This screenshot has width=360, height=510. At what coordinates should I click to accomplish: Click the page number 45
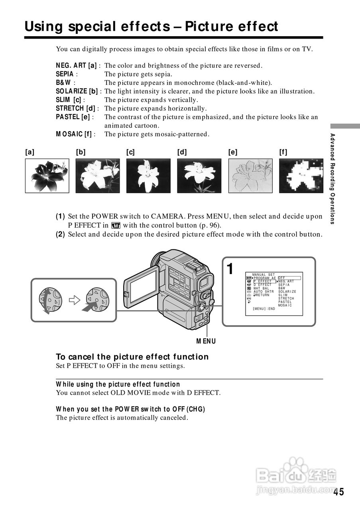click(x=338, y=492)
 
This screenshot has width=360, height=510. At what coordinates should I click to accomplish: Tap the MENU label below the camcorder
click(x=206, y=341)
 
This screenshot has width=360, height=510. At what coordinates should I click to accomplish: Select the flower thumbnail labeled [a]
click(x=47, y=176)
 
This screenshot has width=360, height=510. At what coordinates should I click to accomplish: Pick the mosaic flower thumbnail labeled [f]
click(x=301, y=176)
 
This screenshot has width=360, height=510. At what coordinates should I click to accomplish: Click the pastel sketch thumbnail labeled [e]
click(x=250, y=176)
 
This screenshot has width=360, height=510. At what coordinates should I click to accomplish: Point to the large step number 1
click(x=230, y=269)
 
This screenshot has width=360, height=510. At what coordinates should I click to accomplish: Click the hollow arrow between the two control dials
click(x=75, y=300)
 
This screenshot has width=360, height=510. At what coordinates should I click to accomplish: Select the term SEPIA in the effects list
click(x=65, y=74)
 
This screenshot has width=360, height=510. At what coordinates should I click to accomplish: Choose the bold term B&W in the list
click(x=63, y=83)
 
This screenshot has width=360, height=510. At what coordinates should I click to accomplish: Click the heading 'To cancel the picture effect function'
click(x=132, y=357)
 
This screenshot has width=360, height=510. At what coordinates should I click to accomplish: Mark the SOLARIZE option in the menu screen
click(x=287, y=292)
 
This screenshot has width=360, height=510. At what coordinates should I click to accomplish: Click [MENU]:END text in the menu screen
click(x=264, y=309)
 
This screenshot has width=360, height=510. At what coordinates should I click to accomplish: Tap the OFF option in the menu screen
click(x=281, y=278)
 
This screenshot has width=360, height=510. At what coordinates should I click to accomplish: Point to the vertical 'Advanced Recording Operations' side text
click(x=332, y=179)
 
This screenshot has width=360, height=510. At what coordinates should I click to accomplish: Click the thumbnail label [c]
click(x=130, y=152)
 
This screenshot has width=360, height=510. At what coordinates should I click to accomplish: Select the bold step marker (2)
click(x=60, y=234)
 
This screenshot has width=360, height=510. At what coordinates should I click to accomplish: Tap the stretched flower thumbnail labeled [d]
click(x=199, y=176)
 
